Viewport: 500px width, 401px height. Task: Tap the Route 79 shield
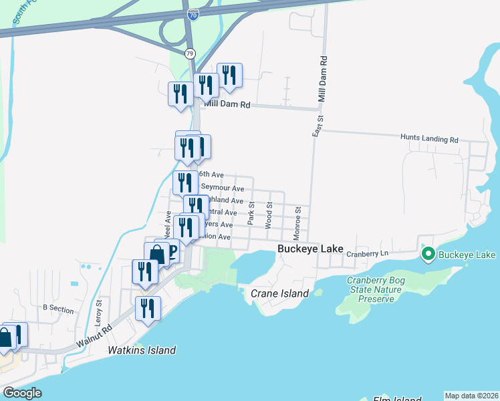tap(190, 53)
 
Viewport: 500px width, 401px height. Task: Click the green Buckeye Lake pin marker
tap(427, 255)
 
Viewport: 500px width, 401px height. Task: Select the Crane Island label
tap(279, 293)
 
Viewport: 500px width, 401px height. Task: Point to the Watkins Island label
tap(142, 350)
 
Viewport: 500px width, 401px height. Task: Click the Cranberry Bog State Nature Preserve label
tap(374, 289)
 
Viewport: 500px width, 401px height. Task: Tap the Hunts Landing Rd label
tap(429, 139)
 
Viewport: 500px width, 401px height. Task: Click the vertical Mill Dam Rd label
tap(322, 80)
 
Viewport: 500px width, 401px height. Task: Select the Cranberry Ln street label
tap(372, 254)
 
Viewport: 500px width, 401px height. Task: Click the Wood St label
tap(268, 216)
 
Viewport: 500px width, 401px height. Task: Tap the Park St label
tap(250, 213)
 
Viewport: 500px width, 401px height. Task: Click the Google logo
tap(22, 393)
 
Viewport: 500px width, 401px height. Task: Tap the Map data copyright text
tap(471, 396)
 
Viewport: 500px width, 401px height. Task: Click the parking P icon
tap(172, 251)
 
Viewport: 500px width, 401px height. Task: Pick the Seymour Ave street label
tap(223, 189)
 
